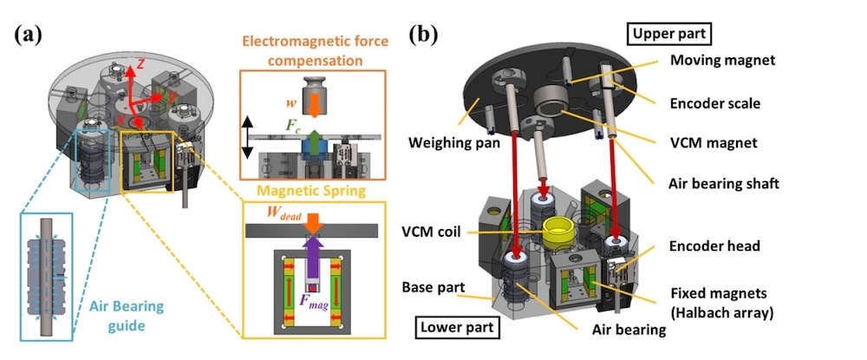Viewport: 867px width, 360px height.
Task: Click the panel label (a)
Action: [31, 36]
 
